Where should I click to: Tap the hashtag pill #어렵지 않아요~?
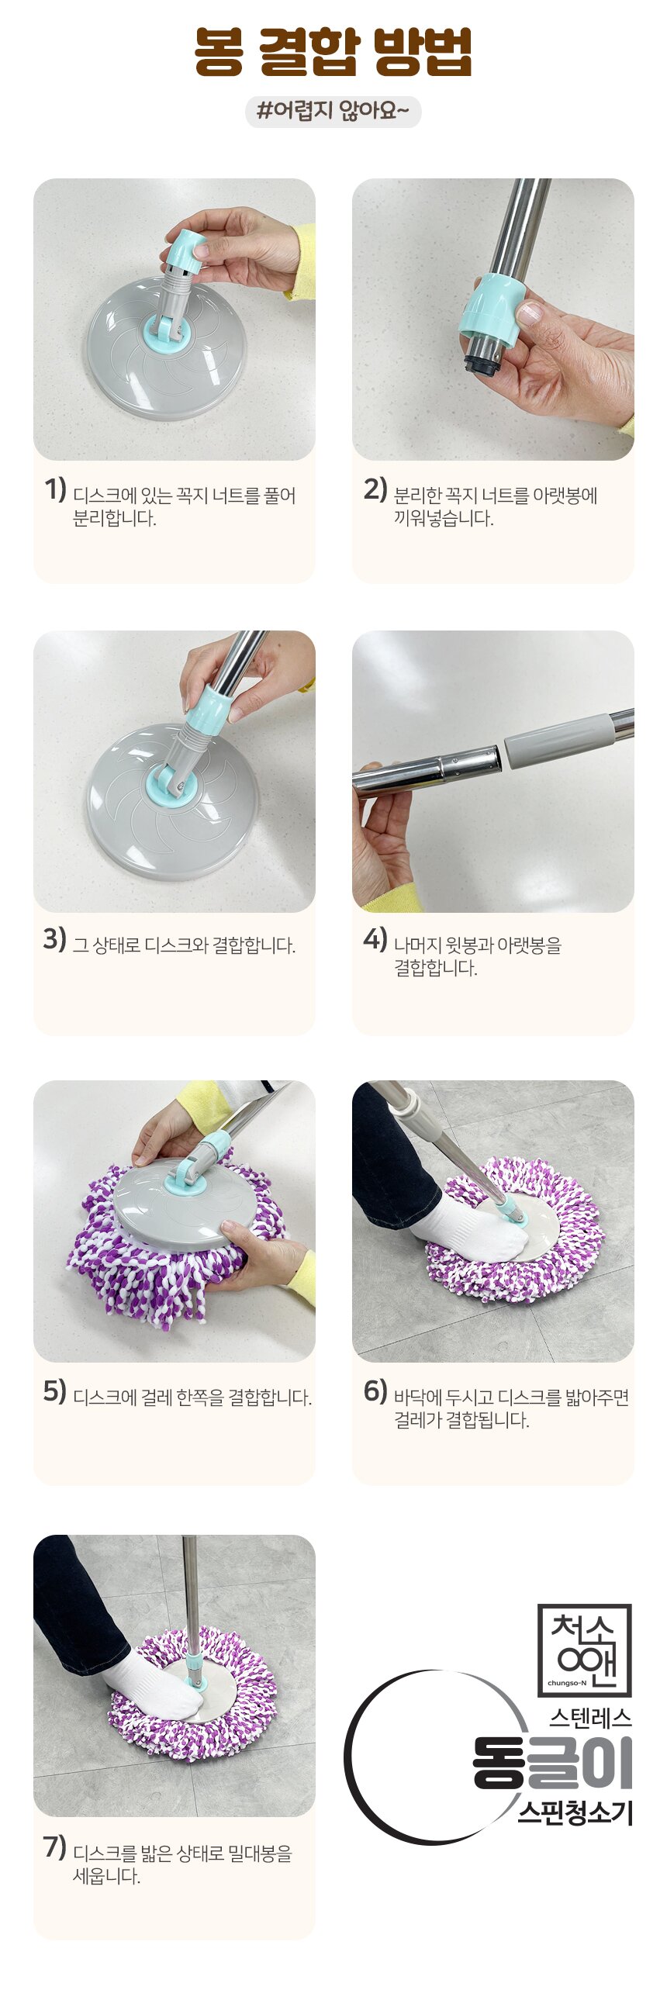click(333, 112)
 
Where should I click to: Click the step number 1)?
click(55, 489)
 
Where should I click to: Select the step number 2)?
click(375, 489)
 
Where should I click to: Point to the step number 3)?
click(55, 939)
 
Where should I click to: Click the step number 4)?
click(375, 939)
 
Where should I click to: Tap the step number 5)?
click(55, 1391)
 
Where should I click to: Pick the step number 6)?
click(375, 1391)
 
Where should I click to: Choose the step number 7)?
click(55, 1847)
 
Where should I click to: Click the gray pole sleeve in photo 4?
click(560, 744)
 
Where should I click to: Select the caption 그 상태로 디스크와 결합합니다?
click(184, 945)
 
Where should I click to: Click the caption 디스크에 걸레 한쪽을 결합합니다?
click(192, 1398)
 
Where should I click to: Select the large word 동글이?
click(553, 1763)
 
